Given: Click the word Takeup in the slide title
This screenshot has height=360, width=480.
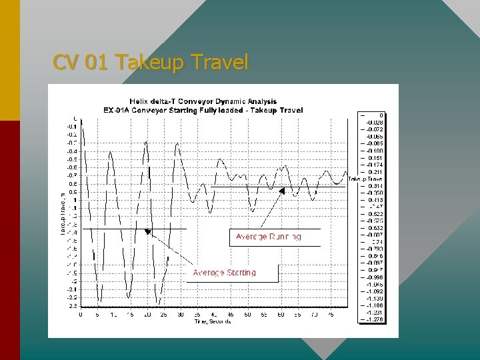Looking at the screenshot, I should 150,63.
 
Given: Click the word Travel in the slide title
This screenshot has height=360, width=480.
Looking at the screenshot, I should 219,63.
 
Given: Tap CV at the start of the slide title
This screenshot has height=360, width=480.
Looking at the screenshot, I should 65,63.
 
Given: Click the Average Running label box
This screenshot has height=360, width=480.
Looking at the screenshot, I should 269,237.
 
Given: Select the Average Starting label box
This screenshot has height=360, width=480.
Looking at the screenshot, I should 224,272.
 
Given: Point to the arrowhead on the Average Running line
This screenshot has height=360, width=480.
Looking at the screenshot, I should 282,191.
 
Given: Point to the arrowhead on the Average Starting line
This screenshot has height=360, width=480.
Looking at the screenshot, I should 148,233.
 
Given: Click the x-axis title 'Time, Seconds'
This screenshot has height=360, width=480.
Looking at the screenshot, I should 213,321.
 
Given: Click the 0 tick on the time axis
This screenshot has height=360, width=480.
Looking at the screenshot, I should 81,315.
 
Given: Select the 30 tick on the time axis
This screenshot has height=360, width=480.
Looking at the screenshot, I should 181,315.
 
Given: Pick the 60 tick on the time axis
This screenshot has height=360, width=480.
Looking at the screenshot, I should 281,315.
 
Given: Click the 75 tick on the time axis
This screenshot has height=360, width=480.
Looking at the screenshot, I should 331,315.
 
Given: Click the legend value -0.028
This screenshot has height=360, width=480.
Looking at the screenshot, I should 374,123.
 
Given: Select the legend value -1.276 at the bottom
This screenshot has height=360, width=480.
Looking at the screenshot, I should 374,321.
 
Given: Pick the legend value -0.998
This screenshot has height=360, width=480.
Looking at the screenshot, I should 374,277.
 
